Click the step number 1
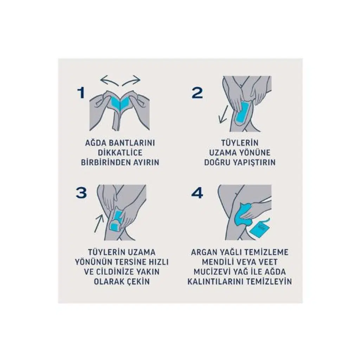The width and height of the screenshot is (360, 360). pos(81,93)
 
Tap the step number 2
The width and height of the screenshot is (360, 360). pos(197,93)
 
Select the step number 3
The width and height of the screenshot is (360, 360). pos(81,193)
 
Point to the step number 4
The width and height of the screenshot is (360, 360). pos(197,193)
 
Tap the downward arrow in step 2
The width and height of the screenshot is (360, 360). pos(223,114)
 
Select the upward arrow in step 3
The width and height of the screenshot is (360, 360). pos(99,223)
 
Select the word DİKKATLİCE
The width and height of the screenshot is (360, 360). pos(120,153)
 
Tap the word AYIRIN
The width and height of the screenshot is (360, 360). pos(146,162)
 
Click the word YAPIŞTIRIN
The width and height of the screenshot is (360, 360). pos(254,162)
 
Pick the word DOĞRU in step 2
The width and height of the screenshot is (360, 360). pos(217,162)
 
